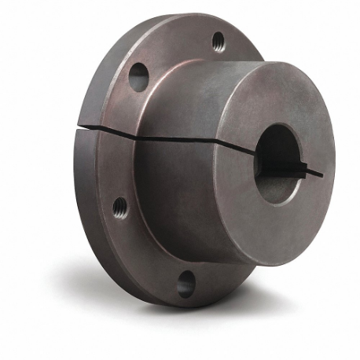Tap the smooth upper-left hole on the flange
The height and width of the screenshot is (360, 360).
pyautogui.click(x=138, y=76)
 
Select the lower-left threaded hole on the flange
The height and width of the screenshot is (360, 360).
pyautogui.click(x=119, y=207)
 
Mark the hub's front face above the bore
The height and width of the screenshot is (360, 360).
pyautogui.click(x=275, y=102)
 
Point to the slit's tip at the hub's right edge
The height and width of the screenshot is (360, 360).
pyautogui.click(x=321, y=172)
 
